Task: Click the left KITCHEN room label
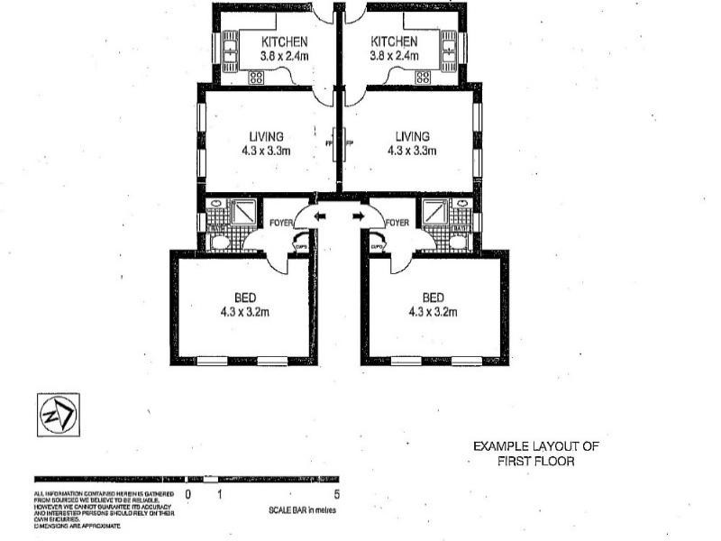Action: (x=284, y=41)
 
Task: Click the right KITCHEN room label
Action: (x=393, y=41)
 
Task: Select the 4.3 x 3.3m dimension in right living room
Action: (x=411, y=151)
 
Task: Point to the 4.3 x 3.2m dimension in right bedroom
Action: (x=434, y=312)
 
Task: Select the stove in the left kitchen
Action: (x=256, y=78)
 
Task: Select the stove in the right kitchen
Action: (x=422, y=78)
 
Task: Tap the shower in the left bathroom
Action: (x=244, y=213)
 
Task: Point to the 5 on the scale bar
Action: (x=336, y=494)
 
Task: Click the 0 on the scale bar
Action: (x=188, y=494)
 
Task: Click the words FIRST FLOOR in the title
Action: (x=536, y=460)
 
